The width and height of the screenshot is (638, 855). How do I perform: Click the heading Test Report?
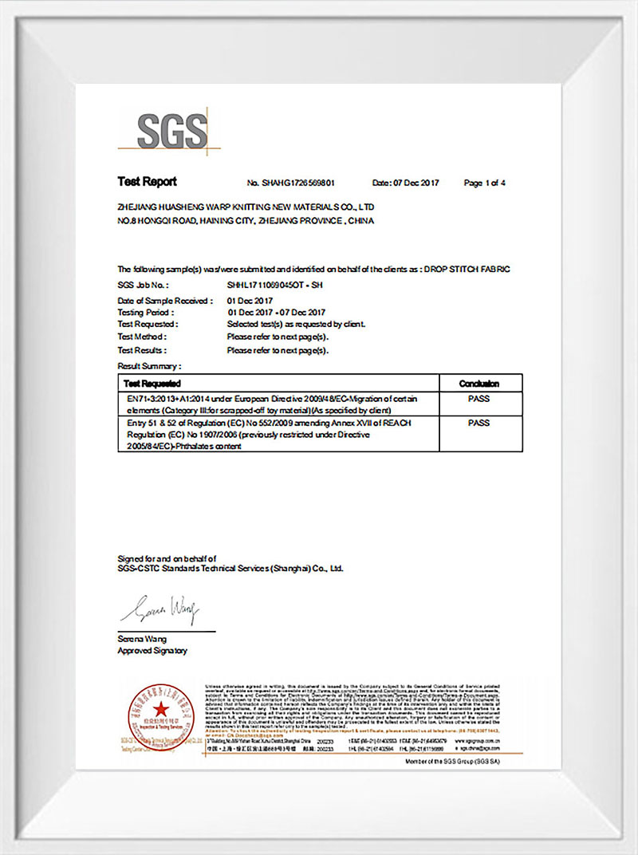pyautogui.click(x=147, y=182)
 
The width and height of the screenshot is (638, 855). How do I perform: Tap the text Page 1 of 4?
pyautogui.click(x=484, y=183)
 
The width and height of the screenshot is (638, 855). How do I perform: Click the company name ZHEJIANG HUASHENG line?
pyautogui.click(x=245, y=206)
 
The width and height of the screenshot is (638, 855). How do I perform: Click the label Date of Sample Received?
pyautogui.click(x=165, y=301)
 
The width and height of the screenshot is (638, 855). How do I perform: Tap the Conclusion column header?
pyautogui.click(x=479, y=384)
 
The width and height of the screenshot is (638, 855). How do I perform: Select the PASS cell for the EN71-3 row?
pyautogui.click(x=479, y=397)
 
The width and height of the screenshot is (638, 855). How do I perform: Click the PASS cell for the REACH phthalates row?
pyautogui.click(x=479, y=423)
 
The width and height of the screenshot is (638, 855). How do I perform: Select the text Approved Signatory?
pyautogui.click(x=152, y=651)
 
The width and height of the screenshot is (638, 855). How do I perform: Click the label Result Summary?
pyautogui.click(x=149, y=366)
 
